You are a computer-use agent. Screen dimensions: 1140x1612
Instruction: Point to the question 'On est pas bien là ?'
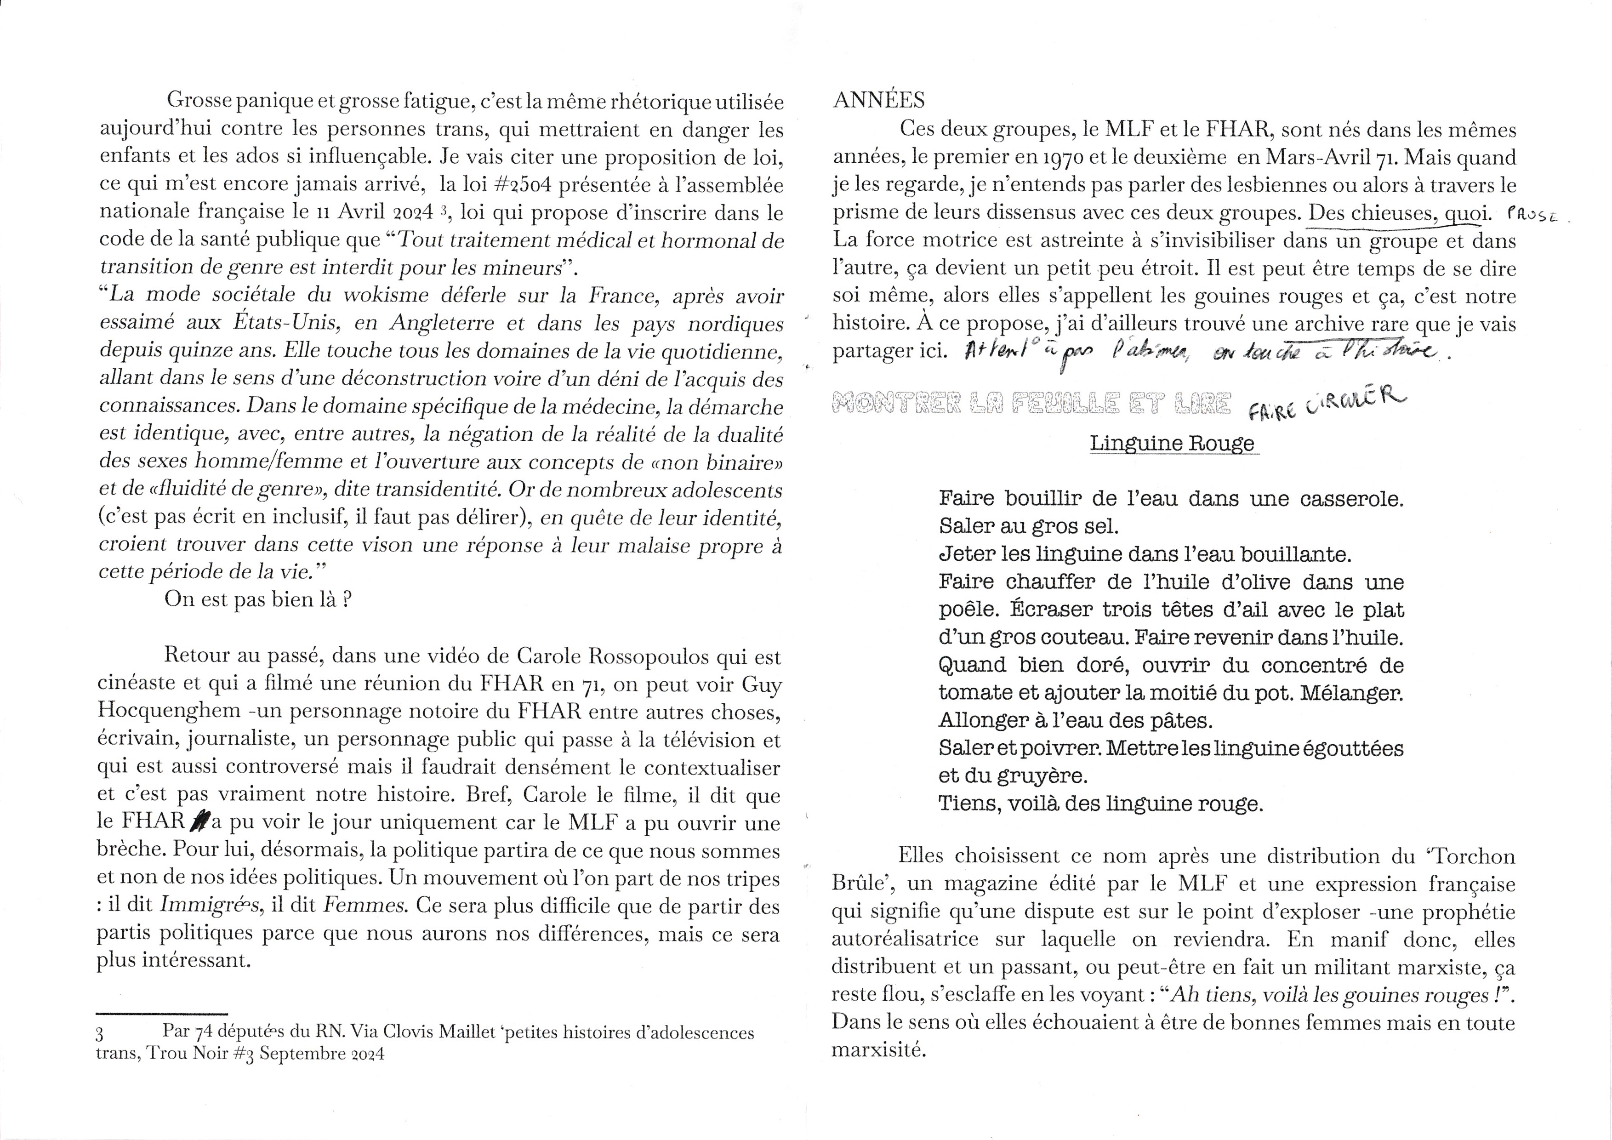[x=258, y=600]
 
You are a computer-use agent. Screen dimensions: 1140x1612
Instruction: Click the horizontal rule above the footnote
[x=161, y=1014]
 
